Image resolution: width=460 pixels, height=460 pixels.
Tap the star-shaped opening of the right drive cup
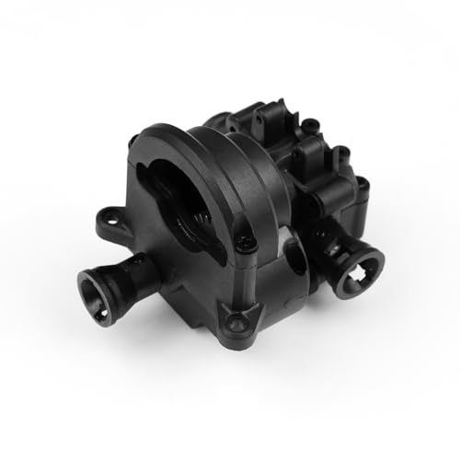356,276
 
